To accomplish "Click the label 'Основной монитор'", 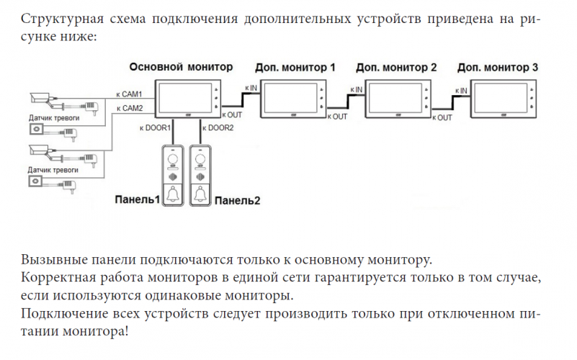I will tap(181, 67).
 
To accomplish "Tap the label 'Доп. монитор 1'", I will tap(295, 68).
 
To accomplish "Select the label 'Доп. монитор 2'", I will tap(396, 68).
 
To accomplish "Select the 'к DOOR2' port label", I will tap(219, 127).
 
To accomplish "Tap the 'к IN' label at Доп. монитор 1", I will tap(251, 88).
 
